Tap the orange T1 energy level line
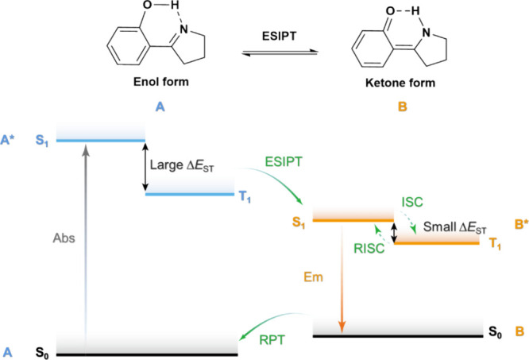437,242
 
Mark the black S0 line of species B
397,336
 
